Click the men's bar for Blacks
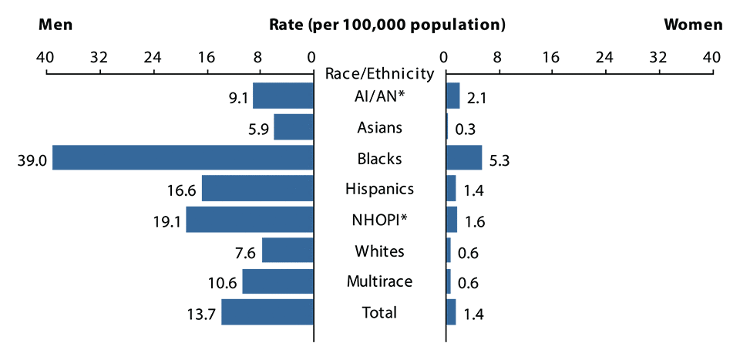click(183, 157)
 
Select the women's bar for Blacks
click(464, 157)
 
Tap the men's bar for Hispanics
click(257, 188)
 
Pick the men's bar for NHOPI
click(250, 220)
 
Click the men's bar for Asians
click(294, 126)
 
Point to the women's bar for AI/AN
click(453, 96)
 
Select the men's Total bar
click(267, 312)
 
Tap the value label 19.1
click(165, 223)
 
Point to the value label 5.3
click(499, 160)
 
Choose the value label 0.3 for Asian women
click(465, 130)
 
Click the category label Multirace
click(379, 281)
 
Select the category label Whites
click(379, 251)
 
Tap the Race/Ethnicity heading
click(379, 74)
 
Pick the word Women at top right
click(693, 24)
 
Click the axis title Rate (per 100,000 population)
click(387, 24)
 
